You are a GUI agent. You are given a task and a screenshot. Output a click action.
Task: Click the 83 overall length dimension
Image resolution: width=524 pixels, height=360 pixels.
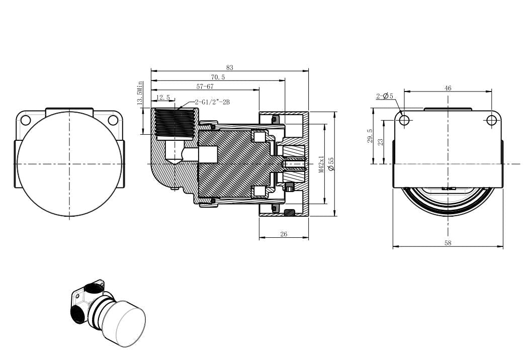tap(230, 67)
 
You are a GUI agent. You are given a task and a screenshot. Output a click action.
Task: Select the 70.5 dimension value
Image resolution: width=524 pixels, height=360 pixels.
tap(218, 77)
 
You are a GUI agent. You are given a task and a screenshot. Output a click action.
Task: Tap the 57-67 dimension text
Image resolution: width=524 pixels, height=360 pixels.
tap(205, 86)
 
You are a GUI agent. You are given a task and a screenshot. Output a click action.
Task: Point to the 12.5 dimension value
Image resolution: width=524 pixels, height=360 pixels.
tap(163, 98)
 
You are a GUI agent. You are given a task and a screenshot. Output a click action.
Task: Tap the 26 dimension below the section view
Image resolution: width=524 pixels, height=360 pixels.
tap(284, 234)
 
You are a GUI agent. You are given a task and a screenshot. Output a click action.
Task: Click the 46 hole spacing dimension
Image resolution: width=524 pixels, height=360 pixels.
tap(448, 88)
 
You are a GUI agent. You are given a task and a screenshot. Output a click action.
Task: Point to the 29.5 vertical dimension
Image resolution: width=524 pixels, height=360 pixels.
tap(370, 136)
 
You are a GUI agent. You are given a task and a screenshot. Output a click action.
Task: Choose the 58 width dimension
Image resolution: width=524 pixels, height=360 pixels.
tap(448, 243)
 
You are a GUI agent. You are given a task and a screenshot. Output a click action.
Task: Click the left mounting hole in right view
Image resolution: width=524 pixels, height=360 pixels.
tap(404, 120)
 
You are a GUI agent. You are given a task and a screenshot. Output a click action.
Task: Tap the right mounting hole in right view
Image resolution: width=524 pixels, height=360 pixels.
tap(491, 120)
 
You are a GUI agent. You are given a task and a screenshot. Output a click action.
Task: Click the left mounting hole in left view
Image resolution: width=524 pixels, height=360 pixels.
tap(26, 120)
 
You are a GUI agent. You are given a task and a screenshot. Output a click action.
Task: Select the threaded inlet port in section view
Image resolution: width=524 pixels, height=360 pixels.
tap(173, 122)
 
